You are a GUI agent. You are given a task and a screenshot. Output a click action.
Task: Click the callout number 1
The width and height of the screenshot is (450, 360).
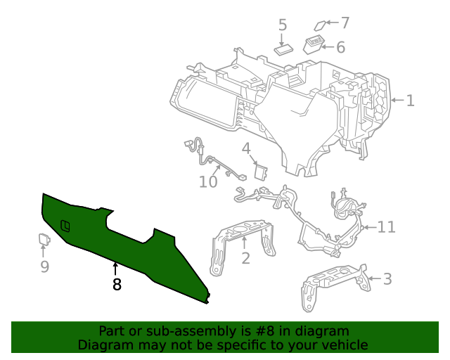[410, 101]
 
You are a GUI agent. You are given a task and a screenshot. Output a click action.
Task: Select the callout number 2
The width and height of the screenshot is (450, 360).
[245, 258]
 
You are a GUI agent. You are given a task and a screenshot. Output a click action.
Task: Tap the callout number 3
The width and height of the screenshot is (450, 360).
[387, 279]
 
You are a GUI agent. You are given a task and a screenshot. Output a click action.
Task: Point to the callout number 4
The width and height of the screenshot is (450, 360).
[246, 148]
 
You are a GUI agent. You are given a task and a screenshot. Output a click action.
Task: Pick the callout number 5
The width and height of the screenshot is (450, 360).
[283, 25]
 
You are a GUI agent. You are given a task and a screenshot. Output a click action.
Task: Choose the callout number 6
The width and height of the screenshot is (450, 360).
[340, 47]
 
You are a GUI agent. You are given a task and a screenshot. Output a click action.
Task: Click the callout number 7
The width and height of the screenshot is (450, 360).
[345, 22]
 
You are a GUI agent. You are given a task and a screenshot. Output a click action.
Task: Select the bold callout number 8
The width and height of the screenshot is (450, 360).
[117, 284]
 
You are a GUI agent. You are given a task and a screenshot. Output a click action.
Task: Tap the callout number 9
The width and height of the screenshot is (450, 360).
[44, 266]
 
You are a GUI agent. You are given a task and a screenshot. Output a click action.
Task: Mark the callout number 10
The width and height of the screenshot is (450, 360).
[208, 182]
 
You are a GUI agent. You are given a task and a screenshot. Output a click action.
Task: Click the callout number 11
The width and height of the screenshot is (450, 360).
[386, 227]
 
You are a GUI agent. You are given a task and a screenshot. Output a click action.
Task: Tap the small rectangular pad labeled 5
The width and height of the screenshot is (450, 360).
[284, 49]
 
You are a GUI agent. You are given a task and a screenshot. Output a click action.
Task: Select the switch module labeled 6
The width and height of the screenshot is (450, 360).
[314, 46]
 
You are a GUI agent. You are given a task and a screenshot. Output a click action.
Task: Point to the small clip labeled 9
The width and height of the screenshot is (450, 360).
[44, 240]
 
